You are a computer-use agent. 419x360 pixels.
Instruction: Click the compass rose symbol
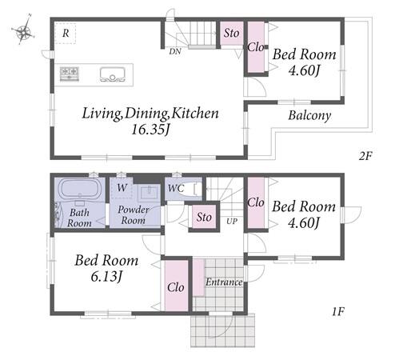click(23, 30)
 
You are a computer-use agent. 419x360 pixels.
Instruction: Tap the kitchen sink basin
click(113, 74)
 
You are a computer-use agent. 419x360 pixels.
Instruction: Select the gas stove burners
click(70, 74)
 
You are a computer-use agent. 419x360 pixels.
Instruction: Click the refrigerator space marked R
click(66, 34)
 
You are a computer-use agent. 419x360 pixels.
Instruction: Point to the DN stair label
click(175, 51)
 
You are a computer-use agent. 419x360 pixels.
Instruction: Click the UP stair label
click(232, 222)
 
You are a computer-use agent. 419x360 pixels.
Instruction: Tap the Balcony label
click(309, 116)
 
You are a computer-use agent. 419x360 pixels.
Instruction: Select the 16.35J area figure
click(150, 130)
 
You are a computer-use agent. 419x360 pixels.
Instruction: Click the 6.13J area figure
click(106, 276)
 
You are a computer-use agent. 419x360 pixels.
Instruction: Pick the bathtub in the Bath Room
click(79, 189)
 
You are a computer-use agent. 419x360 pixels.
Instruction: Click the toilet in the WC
click(190, 190)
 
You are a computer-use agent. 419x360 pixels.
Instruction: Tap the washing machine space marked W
click(122, 188)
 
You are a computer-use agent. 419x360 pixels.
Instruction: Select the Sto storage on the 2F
click(231, 33)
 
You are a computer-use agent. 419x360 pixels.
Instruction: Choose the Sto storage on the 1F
click(204, 217)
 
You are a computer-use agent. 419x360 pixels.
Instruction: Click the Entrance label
click(224, 282)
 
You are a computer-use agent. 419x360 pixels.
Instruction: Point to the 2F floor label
click(365, 156)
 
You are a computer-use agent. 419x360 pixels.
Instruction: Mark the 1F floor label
click(338, 312)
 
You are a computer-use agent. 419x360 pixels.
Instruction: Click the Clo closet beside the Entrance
click(176, 286)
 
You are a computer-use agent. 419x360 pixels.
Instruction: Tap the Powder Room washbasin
click(149, 193)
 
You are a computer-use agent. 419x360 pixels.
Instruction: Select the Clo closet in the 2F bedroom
click(256, 47)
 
